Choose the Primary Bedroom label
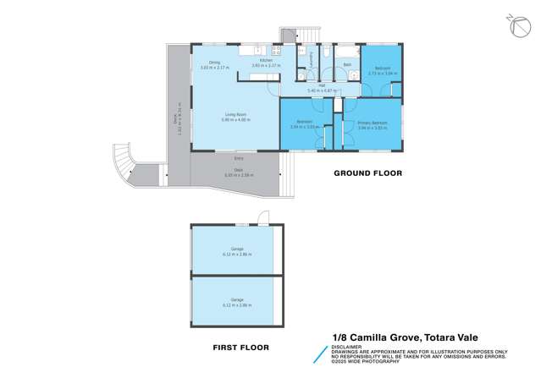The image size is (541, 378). coord(373,123)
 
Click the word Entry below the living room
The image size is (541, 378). coord(239,158)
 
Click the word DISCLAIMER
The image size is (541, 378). coord(345,346)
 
